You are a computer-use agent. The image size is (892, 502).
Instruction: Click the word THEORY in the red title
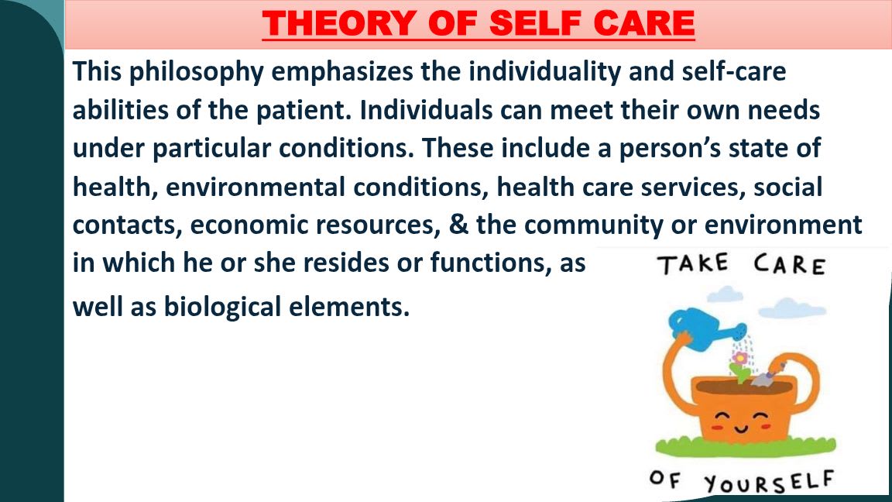pos(338,23)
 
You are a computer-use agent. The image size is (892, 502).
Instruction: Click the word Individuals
pos(426,111)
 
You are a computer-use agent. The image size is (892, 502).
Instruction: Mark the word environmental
pos(255,187)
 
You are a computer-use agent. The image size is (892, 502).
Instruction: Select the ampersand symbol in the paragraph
pos(458,225)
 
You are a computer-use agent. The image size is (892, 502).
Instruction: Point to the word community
pos(593,225)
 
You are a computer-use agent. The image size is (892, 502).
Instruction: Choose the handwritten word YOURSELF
pos(769,482)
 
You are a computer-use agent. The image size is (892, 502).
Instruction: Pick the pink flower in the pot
pos(739,358)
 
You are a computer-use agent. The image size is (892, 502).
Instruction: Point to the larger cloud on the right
pos(792,308)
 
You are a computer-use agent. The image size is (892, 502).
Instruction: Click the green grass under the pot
pos(745,447)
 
